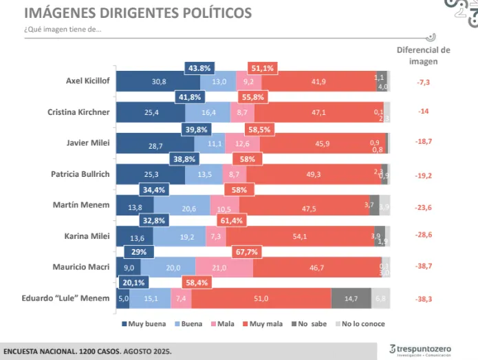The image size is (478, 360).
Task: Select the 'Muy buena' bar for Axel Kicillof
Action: pyautogui.click(x=158, y=81)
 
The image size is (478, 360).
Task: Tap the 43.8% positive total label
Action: pyautogui.click(x=199, y=68)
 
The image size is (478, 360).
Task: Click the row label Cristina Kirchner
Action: pyautogui.click(x=78, y=112)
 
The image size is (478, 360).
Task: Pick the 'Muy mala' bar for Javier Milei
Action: pyautogui.click(x=323, y=143)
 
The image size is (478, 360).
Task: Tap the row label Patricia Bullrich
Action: pyautogui.click(x=80, y=174)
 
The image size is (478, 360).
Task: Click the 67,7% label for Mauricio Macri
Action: pyautogui.click(x=246, y=253)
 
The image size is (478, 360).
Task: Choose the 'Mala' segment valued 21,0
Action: pyautogui.click(x=224, y=267)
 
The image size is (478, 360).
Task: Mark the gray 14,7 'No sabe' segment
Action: pyautogui.click(x=351, y=298)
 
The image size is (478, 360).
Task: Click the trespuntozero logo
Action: pyautogui.click(x=420, y=350)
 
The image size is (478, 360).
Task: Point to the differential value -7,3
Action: pyautogui.click(x=424, y=82)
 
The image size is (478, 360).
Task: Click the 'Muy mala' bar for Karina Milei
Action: pyautogui.click(x=319, y=236)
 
